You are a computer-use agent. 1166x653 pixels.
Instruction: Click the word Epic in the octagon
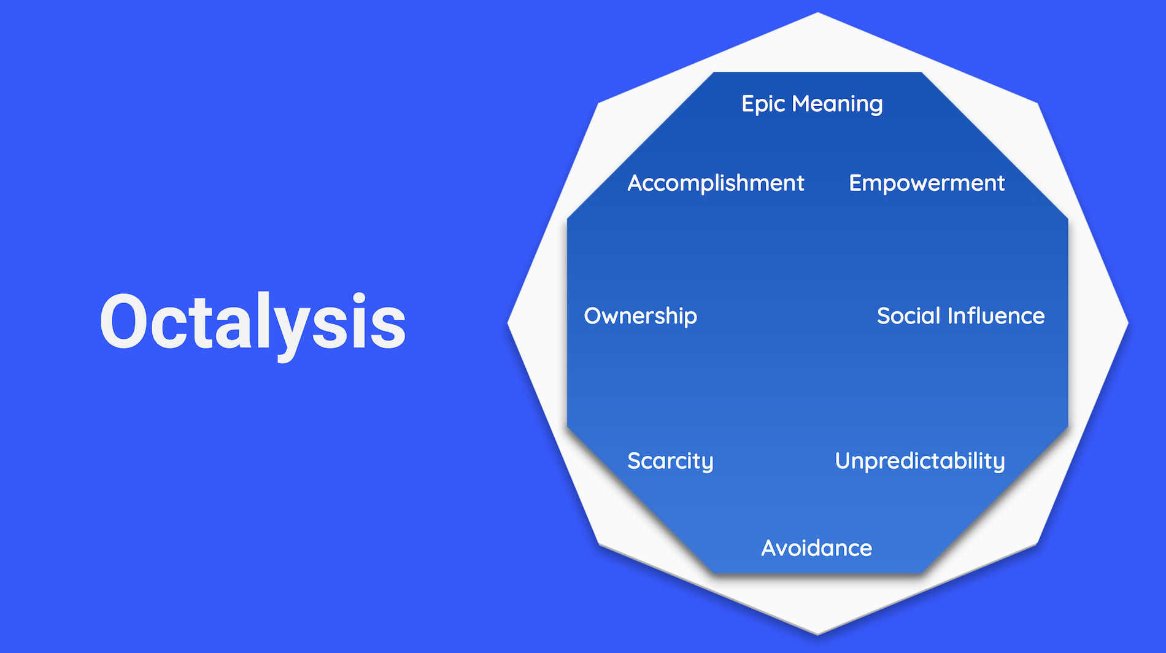coord(763,104)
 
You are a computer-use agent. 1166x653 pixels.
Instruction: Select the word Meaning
coord(838,104)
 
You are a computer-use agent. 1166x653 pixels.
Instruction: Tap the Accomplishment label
coord(716,184)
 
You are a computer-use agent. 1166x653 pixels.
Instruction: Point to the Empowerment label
coord(927,184)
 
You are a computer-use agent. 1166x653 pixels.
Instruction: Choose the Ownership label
coord(641,317)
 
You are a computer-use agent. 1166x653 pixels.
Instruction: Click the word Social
coord(909,316)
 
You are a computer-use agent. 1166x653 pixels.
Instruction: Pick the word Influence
coord(996,316)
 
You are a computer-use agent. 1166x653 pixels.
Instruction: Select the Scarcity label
coord(670,462)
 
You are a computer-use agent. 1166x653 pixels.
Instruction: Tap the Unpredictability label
coord(920,462)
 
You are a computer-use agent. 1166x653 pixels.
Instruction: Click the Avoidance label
coord(816,548)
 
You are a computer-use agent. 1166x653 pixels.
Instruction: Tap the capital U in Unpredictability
coord(844,461)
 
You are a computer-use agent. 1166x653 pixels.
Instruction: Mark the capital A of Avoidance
coord(770,548)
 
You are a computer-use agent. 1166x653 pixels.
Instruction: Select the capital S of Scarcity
coord(635,461)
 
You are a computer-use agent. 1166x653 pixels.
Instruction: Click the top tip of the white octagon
coord(818,12)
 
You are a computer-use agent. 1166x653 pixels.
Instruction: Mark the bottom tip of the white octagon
coord(818,635)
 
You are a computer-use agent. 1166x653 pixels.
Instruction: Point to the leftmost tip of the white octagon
coord(508,323)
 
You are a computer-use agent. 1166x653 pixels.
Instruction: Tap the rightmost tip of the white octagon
coord(1129,323)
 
